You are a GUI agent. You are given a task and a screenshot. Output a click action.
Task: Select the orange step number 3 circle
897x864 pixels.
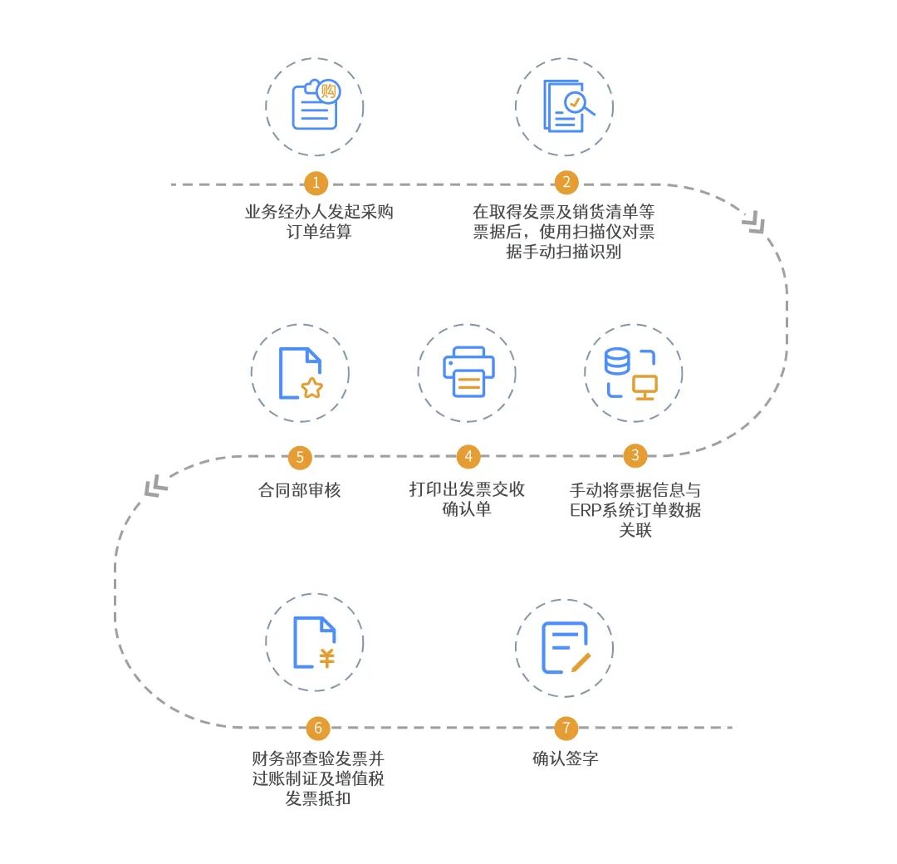pos(635,455)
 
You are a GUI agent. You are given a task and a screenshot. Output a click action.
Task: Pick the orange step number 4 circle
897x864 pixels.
pos(468,456)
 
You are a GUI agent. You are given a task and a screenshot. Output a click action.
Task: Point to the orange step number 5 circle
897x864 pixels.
pos(300,456)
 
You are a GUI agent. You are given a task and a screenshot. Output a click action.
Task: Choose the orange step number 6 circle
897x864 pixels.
pos(317,729)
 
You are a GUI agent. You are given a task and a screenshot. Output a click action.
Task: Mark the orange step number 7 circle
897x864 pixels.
pos(566,729)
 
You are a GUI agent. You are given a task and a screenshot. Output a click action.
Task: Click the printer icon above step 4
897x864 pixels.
pos(468,371)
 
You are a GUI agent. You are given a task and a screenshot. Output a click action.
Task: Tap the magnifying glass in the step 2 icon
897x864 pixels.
pos(576,104)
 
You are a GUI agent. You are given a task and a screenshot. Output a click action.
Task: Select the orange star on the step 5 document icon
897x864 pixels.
pos(311,387)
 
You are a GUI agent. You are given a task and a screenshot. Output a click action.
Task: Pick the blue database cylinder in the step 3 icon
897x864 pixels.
pos(617,362)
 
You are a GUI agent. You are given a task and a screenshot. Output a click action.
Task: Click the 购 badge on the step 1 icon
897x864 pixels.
pos(328,91)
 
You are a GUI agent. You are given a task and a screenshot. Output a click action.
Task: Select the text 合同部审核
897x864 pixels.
pos(300,490)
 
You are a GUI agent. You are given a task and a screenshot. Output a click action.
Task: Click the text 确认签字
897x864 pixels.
pos(566,758)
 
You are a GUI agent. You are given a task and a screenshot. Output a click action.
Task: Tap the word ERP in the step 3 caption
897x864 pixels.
pos(587,510)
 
